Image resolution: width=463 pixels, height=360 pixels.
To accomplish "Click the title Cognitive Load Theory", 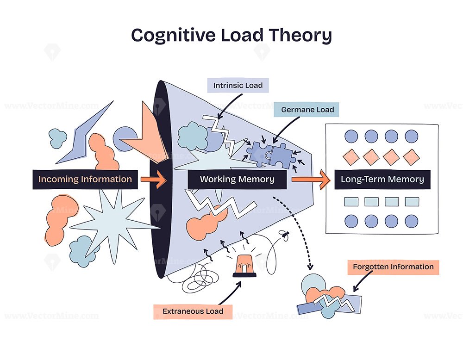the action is (x=231, y=36).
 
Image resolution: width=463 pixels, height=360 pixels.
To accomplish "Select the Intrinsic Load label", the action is (x=238, y=85).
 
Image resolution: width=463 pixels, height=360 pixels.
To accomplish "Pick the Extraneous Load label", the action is (x=193, y=311).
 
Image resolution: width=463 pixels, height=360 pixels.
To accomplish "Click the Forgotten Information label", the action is (x=393, y=267).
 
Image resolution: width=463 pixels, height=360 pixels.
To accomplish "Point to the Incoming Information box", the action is (x=85, y=180).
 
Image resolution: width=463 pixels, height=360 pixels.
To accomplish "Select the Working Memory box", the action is (x=237, y=180).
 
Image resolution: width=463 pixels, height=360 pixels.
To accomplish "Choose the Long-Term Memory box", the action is (x=382, y=180).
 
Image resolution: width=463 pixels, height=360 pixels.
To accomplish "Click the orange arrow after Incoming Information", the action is (x=154, y=180).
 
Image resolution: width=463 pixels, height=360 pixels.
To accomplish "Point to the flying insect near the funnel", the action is (x=285, y=235).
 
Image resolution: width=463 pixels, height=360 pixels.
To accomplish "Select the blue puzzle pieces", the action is (x=271, y=155).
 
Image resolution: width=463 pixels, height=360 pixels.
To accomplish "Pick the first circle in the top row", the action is (x=351, y=137).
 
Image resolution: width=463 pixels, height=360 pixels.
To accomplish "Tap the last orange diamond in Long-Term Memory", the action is (x=411, y=157).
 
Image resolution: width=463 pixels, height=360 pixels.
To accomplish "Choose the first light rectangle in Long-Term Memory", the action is (x=351, y=202).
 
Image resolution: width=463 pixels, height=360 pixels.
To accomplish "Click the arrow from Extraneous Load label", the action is (x=230, y=293).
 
